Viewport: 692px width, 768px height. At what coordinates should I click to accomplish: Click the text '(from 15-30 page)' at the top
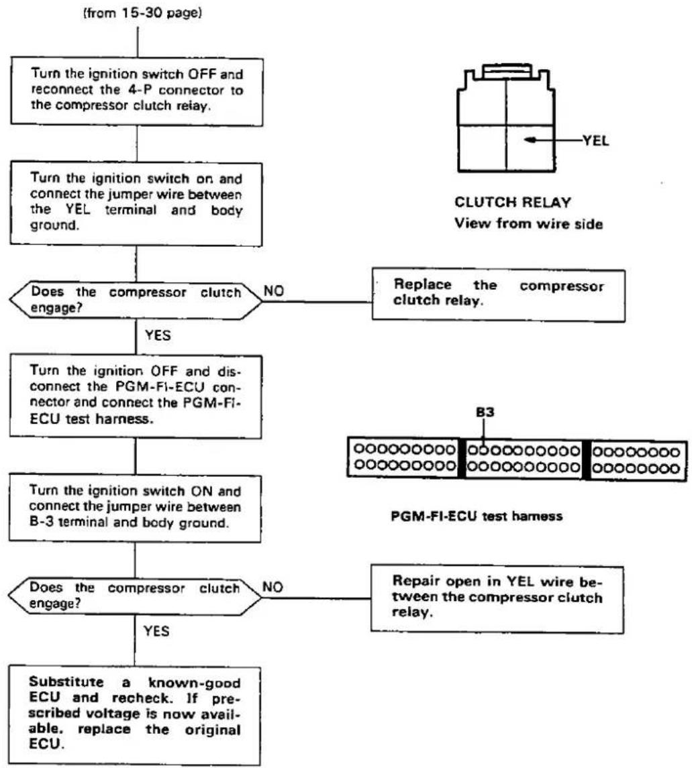pyautogui.click(x=142, y=13)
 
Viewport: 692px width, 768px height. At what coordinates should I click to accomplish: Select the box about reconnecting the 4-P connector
pyautogui.click(x=137, y=91)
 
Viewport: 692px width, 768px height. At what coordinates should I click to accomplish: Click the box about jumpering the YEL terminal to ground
pyautogui.click(x=136, y=204)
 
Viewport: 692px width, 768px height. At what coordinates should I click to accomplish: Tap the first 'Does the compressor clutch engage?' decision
pyautogui.click(x=136, y=300)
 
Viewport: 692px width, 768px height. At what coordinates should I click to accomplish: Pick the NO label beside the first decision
pyautogui.click(x=273, y=291)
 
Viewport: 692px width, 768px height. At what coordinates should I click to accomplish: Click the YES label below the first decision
pyautogui.click(x=158, y=335)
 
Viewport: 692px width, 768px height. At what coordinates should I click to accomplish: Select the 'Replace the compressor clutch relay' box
pyautogui.click(x=499, y=294)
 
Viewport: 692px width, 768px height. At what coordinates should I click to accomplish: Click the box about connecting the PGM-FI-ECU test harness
pyautogui.click(x=136, y=396)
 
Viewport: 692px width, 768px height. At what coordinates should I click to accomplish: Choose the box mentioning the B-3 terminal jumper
pyautogui.click(x=136, y=508)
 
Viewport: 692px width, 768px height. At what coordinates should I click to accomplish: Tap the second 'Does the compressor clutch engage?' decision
pyautogui.click(x=135, y=596)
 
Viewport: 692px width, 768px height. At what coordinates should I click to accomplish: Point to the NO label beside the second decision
pyautogui.click(x=273, y=587)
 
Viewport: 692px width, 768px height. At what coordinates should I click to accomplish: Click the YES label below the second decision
pyautogui.click(x=156, y=631)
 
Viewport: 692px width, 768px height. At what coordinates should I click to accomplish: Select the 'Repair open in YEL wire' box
pyautogui.click(x=497, y=599)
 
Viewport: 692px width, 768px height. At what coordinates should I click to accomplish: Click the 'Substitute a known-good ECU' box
pyautogui.click(x=135, y=714)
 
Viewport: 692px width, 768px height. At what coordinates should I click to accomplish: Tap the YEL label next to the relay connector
pyautogui.click(x=595, y=141)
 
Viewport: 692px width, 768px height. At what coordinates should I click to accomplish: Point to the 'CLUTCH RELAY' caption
pyautogui.click(x=513, y=203)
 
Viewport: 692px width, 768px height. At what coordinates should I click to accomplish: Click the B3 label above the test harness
pyautogui.click(x=485, y=413)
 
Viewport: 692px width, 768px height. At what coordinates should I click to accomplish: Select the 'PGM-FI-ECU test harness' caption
pyautogui.click(x=477, y=516)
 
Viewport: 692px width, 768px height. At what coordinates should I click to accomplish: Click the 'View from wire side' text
pyautogui.click(x=528, y=223)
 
